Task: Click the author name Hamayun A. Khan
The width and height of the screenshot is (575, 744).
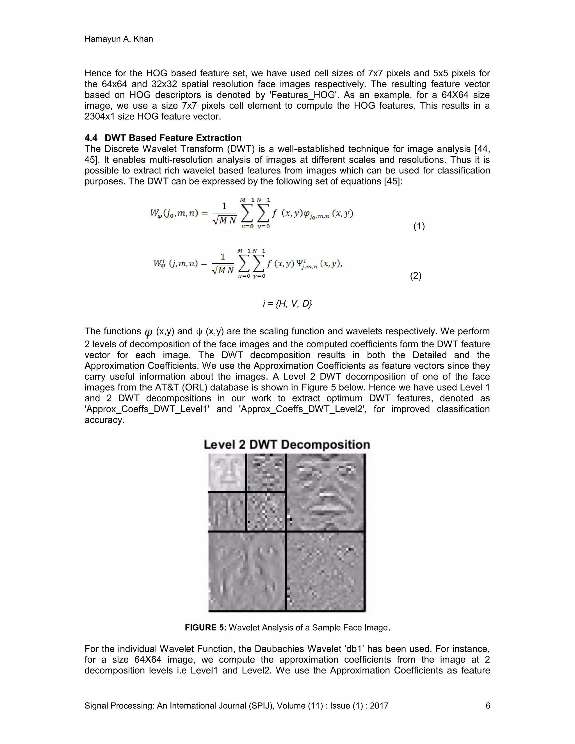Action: pos(118,39)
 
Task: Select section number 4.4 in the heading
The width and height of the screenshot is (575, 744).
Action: pos(91,138)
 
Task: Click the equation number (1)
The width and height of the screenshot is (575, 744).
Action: pos(419,226)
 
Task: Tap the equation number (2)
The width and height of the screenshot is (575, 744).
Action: pos(416,276)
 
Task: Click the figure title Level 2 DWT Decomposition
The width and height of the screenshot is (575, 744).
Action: pos(287,444)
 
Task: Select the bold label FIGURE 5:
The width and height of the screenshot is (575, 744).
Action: pos(206,627)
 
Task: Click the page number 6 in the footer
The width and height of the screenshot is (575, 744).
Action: pos(488,706)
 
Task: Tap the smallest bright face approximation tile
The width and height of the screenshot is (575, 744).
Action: pos(227,473)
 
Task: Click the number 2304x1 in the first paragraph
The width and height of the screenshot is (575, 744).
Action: pos(100,117)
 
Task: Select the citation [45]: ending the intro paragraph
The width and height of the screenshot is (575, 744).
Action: pos(393,181)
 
